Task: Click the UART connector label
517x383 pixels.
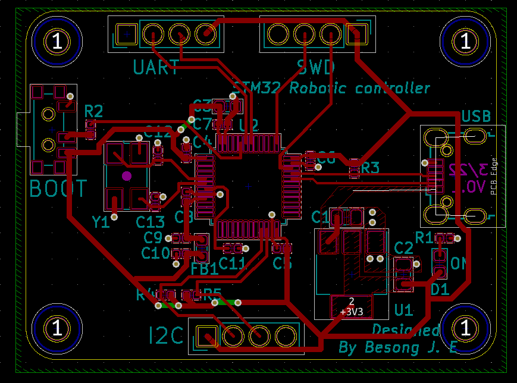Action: (x=156, y=67)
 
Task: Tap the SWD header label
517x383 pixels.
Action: (x=316, y=67)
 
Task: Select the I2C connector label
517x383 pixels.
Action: (x=167, y=337)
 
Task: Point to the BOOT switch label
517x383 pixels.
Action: (x=58, y=189)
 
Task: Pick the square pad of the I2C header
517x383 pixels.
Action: (x=206, y=336)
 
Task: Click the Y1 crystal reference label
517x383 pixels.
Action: (x=101, y=223)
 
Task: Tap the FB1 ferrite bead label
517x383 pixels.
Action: (x=204, y=268)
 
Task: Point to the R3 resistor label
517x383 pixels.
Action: (x=370, y=168)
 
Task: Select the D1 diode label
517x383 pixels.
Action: (x=440, y=290)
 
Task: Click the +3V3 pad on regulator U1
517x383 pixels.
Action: (x=351, y=306)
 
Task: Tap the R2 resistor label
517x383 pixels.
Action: (x=93, y=111)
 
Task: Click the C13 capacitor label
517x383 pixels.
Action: (x=150, y=222)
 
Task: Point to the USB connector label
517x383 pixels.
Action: (x=476, y=116)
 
